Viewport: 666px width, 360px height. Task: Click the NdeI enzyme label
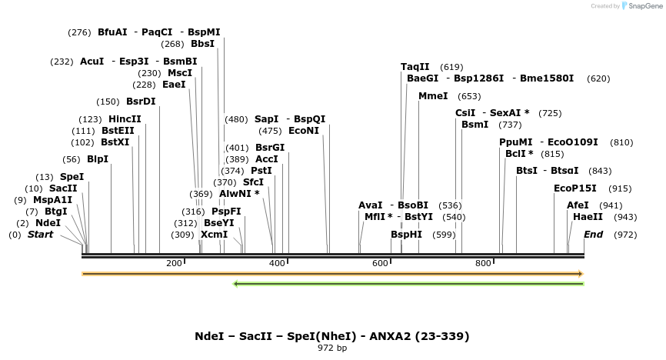click(48, 223)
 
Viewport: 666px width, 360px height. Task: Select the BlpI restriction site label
click(98, 159)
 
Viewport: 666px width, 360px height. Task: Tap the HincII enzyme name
click(125, 119)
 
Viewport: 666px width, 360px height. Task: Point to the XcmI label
click(214, 235)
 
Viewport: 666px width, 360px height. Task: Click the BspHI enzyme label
click(406, 235)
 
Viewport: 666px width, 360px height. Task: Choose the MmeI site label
click(433, 96)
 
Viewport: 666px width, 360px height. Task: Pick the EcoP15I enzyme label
click(575, 188)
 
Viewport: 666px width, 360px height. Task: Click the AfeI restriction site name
click(578, 205)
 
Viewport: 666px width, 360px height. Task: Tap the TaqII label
click(415, 67)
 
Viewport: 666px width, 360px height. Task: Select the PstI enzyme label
click(261, 171)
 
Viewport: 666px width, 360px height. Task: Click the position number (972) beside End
click(625, 235)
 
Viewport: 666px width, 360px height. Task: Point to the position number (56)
click(72, 159)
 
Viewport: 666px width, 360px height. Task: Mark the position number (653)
click(468, 96)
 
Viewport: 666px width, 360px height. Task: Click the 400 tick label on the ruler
click(278, 264)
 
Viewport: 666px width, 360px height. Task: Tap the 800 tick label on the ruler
click(483, 264)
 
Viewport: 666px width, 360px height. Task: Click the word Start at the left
click(41, 235)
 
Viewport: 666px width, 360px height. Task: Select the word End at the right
click(593, 235)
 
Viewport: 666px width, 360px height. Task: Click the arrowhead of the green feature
click(236, 284)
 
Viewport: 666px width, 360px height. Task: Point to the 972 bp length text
click(332, 348)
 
